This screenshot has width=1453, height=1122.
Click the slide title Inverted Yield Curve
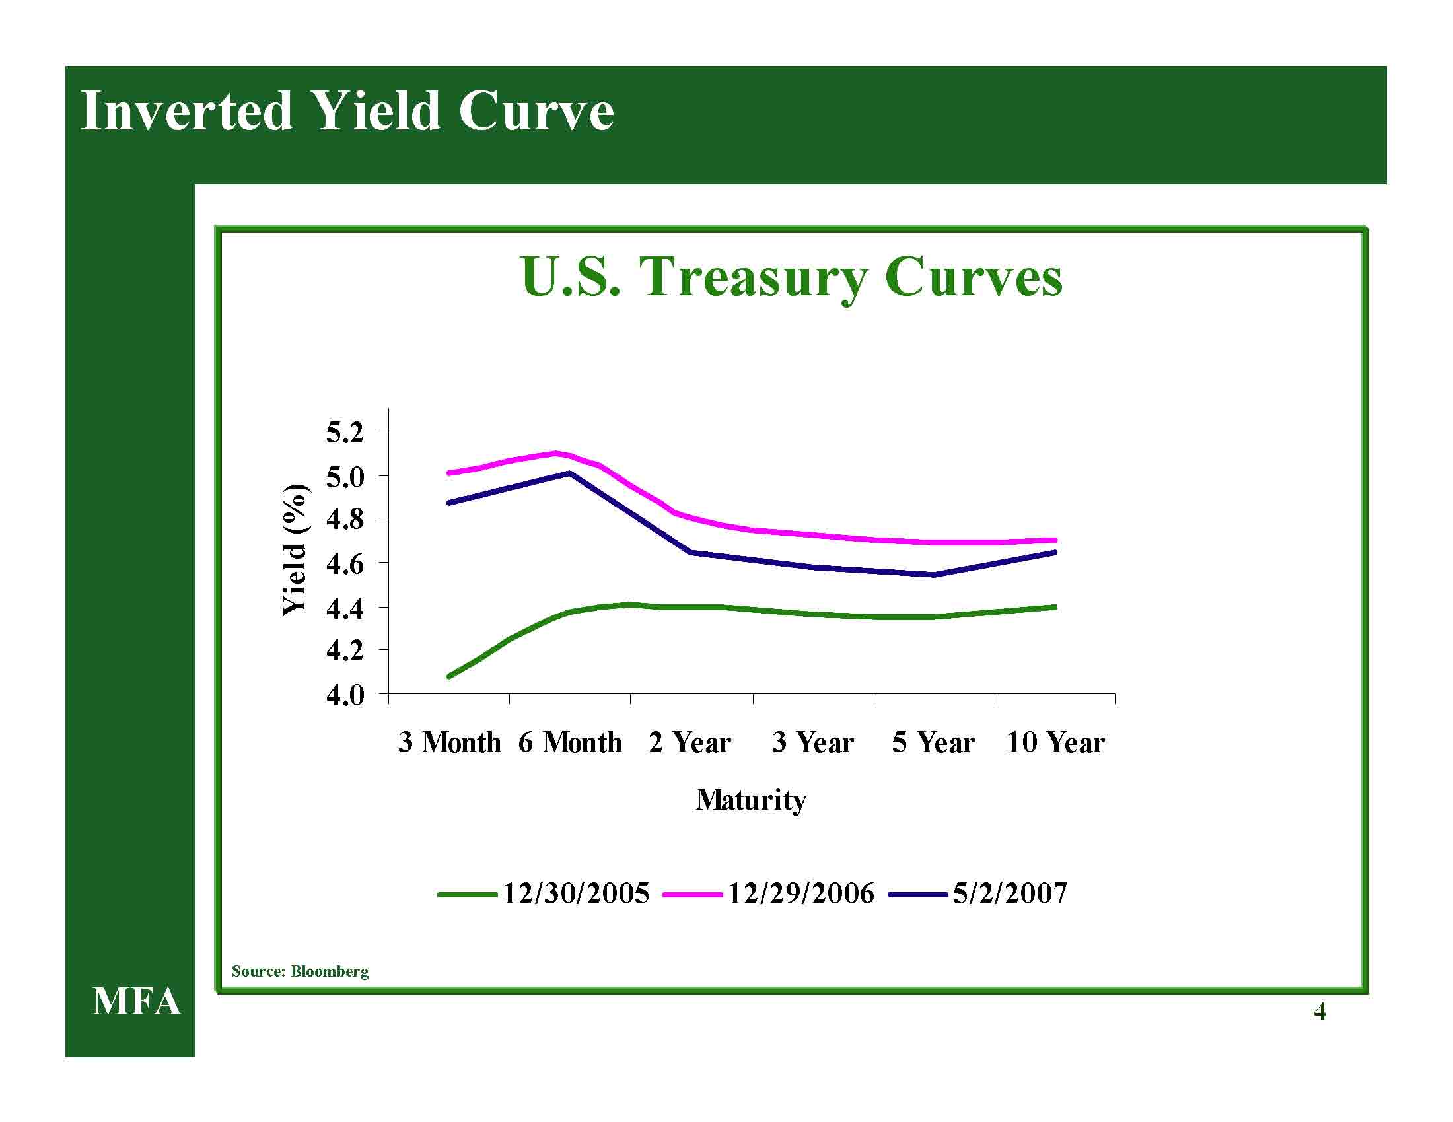coord(347,111)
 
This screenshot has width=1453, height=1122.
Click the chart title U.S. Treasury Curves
coord(792,277)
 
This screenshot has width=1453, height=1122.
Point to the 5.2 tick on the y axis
coord(345,433)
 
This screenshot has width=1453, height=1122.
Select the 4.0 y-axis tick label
coord(345,695)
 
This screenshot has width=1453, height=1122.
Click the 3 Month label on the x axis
coord(450,742)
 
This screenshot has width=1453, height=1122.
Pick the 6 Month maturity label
coord(570,742)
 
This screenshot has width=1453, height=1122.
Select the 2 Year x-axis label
coord(690,742)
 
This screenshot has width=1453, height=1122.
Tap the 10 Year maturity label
coord(1055,742)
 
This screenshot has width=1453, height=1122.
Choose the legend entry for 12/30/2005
coord(543,894)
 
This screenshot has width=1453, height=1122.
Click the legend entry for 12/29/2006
coord(768,894)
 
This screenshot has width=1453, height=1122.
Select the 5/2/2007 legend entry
coord(978,894)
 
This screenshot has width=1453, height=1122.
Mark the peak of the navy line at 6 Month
coord(570,473)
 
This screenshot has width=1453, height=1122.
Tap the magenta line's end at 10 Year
coord(1055,540)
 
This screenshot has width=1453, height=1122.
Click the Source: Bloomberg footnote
coord(300,971)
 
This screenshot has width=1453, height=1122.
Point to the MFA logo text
coord(137,1002)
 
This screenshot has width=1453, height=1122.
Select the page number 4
coord(1320,1012)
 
